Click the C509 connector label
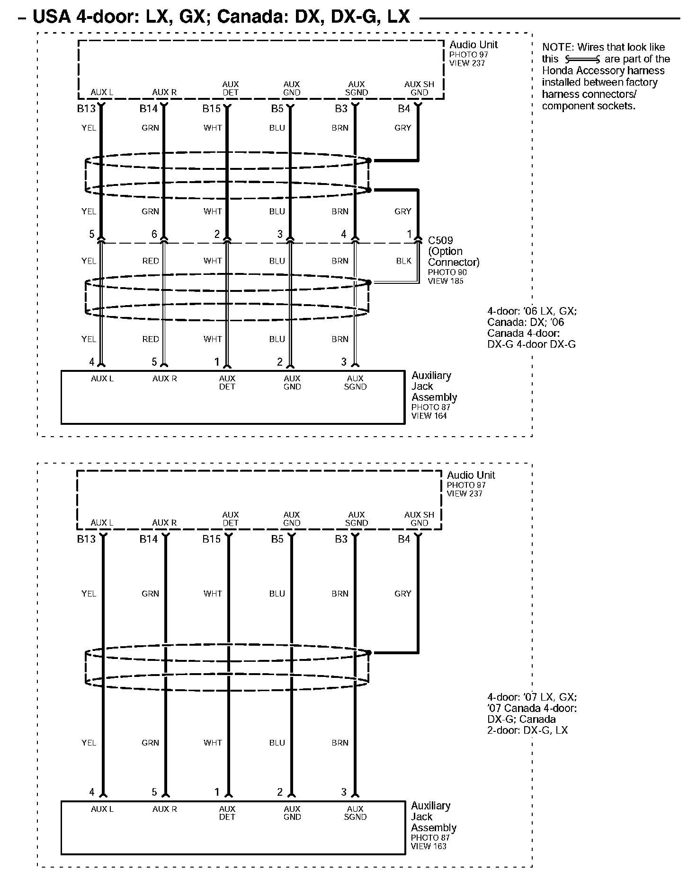tap(440, 240)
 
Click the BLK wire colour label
tap(403, 261)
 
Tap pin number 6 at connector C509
tap(154, 234)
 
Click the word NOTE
tap(557, 47)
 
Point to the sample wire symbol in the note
tap(582, 60)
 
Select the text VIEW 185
tap(445, 281)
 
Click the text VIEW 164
tap(429, 416)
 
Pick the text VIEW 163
tap(429, 846)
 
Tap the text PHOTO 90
tap(447, 272)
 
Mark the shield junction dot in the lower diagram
tap(369, 653)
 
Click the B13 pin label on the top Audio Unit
tap(86, 109)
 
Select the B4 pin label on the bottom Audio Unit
tap(404, 539)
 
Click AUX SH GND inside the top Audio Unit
tap(419, 88)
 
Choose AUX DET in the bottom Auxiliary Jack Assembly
tap(227, 813)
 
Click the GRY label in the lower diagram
tap(402, 594)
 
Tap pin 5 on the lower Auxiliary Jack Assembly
tap(154, 792)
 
